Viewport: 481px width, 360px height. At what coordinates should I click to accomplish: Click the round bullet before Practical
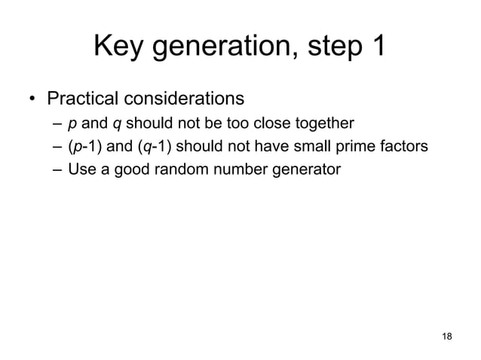click(x=32, y=99)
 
